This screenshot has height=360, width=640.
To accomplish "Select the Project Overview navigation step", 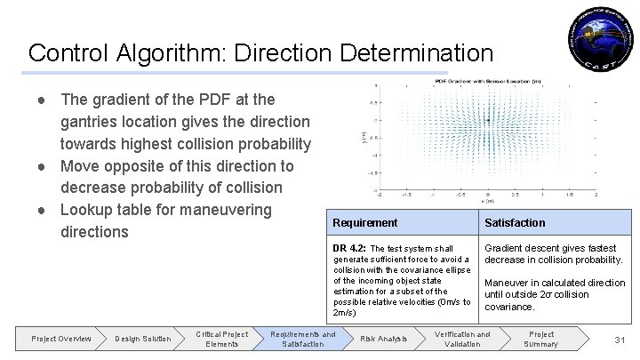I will click(61, 339).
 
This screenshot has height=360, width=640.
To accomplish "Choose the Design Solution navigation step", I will click(142, 339).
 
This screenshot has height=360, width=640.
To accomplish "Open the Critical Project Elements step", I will click(221, 339).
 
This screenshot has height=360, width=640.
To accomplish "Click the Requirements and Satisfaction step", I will click(303, 339).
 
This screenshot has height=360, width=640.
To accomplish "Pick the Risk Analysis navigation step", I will click(383, 339).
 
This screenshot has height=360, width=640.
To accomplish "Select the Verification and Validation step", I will click(462, 339).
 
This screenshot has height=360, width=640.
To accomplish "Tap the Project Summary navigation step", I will click(540, 339).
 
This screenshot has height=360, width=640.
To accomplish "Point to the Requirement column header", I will click(364, 222).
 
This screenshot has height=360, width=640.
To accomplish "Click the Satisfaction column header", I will click(515, 222).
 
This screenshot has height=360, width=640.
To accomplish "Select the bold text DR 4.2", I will click(348, 247).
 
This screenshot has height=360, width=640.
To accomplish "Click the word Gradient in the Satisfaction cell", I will click(504, 247).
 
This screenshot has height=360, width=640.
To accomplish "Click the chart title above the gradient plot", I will click(486, 81).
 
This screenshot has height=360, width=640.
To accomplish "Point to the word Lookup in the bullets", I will click(85, 211).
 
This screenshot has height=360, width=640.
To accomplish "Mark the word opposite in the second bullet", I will click(128, 166).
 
